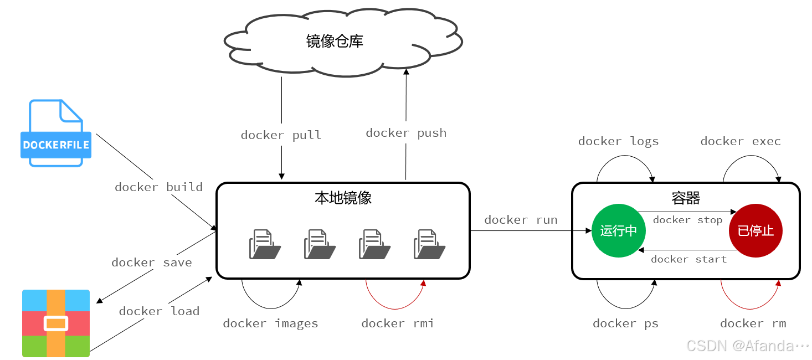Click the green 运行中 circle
[x=619, y=230]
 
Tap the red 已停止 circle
[x=756, y=230]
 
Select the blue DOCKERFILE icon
[x=56, y=133]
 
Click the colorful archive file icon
[x=56, y=323]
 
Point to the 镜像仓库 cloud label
[x=335, y=42]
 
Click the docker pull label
[x=281, y=135]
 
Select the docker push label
[x=406, y=133]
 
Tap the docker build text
[x=159, y=187]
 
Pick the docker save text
[x=152, y=263]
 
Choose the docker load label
[x=159, y=311]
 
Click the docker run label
[x=521, y=220]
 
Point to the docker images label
[x=270, y=323]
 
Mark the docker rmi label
[x=397, y=323]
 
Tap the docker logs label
[x=619, y=141]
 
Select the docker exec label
[x=741, y=141]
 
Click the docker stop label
[x=688, y=220]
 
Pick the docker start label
[x=688, y=259]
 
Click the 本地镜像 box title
[x=343, y=198]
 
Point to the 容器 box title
[x=686, y=198]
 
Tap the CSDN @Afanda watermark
[x=748, y=346]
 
